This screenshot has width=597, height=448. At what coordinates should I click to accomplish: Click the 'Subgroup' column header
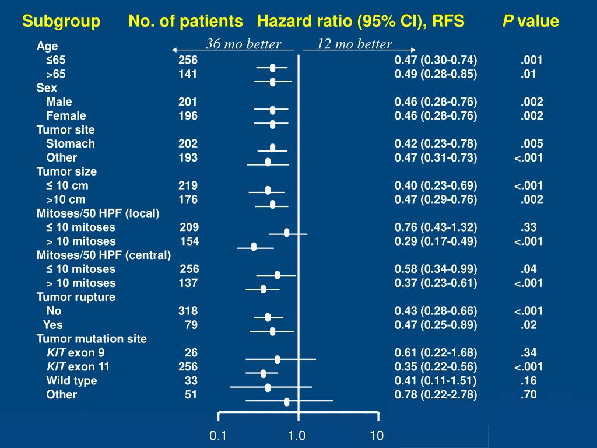(61, 22)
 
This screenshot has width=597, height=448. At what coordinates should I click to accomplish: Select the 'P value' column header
(531, 22)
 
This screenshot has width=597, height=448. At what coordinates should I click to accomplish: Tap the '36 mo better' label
(243, 44)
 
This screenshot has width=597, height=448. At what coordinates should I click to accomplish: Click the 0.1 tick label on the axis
(218, 435)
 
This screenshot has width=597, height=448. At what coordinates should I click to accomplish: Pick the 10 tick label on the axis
(377, 435)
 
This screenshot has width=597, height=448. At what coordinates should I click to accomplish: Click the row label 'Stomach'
(71, 143)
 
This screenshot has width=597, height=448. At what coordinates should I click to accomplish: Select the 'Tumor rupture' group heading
(76, 297)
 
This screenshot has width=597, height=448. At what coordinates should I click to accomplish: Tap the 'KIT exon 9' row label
(76, 353)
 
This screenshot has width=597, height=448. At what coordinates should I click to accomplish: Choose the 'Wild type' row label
(72, 381)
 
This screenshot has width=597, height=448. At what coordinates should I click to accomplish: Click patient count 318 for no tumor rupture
(188, 311)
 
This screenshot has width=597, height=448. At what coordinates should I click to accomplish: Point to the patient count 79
(191, 325)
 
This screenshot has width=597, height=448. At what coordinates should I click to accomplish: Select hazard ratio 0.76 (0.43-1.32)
(436, 228)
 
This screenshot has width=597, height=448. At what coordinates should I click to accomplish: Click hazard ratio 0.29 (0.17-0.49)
(436, 242)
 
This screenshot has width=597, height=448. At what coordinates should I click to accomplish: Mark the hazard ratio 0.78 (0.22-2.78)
(436, 395)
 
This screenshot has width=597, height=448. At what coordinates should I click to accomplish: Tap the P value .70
(528, 395)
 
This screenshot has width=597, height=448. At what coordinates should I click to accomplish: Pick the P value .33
(528, 228)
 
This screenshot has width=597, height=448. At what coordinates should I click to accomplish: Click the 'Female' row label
(66, 116)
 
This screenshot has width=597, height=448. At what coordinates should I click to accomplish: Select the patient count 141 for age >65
(188, 74)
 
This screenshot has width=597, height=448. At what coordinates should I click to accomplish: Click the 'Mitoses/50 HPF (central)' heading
(104, 255)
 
